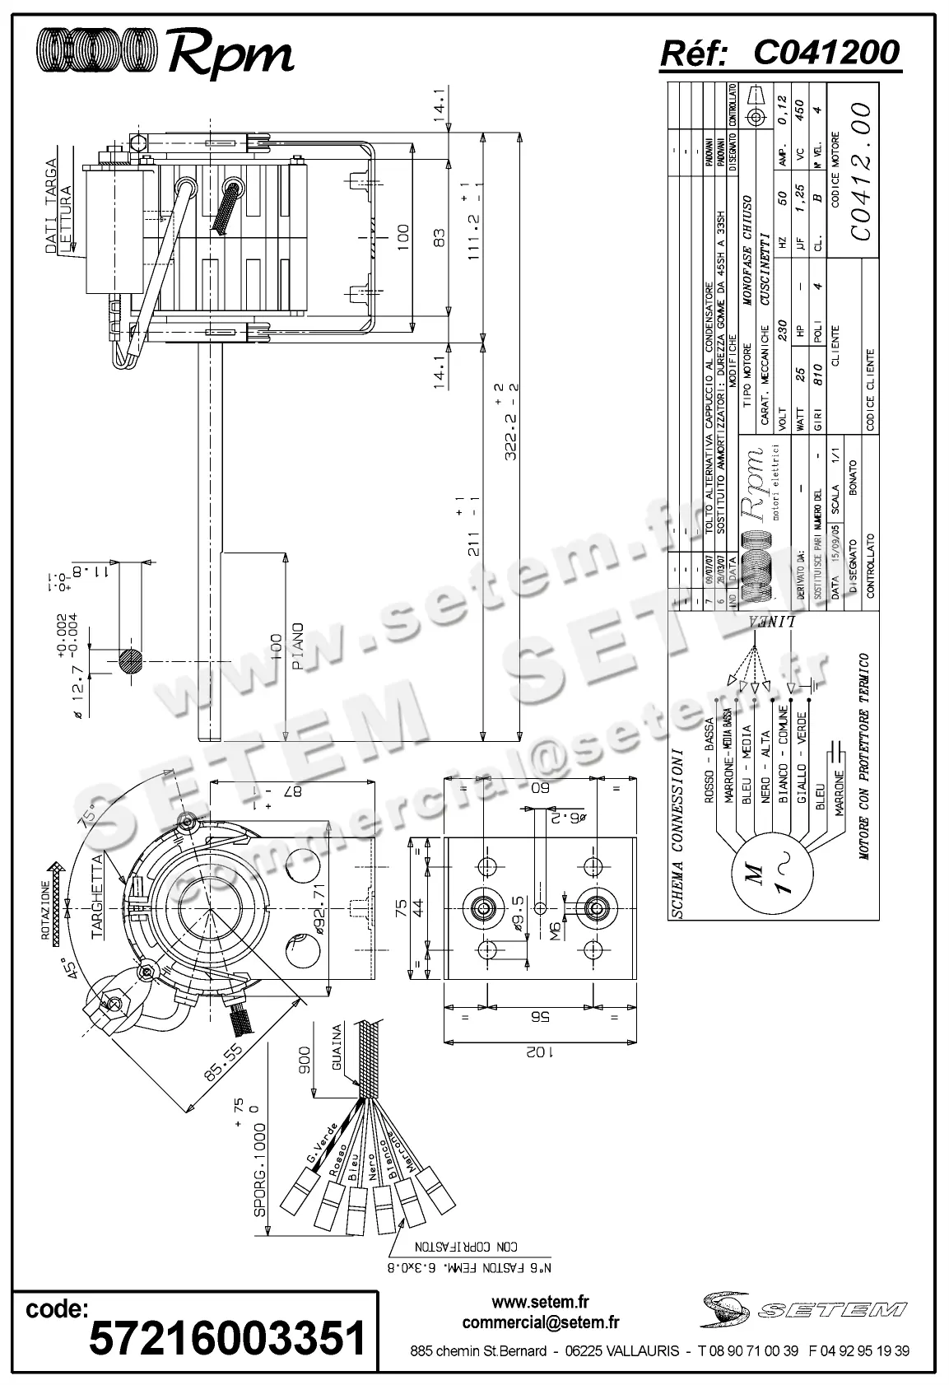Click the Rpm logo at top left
[x=165, y=54]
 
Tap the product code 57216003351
[x=226, y=1338]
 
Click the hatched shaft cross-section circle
[x=130, y=661]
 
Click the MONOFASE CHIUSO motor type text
[x=747, y=251]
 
